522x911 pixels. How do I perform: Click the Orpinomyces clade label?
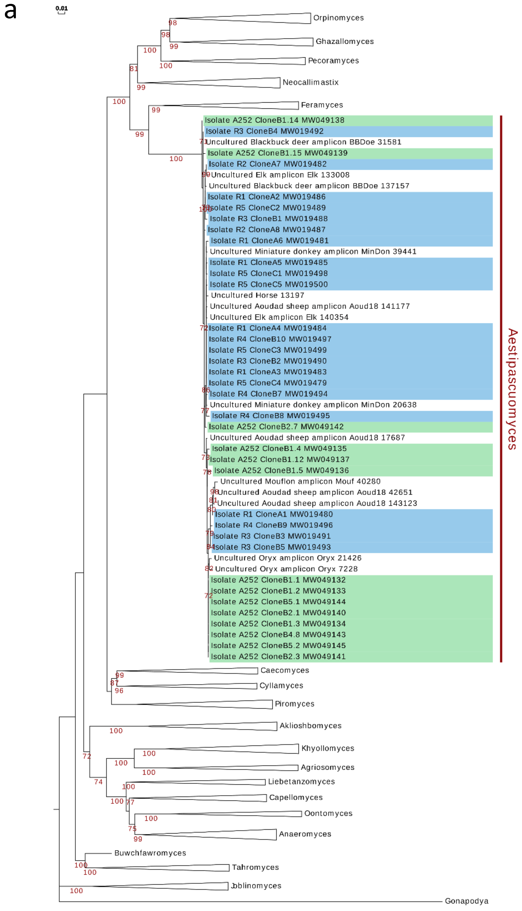point(338,18)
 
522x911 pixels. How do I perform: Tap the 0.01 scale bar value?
point(62,8)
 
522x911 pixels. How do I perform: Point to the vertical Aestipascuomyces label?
point(512,389)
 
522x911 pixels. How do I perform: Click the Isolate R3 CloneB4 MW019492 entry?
point(265,131)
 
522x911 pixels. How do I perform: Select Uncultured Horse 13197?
point(257,295)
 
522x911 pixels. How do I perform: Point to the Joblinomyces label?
point(256,886)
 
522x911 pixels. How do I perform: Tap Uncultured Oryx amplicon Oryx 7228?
point(286,569)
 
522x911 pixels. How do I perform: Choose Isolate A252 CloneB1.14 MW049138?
point(275,120)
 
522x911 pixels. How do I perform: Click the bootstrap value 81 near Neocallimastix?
point(133,68)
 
